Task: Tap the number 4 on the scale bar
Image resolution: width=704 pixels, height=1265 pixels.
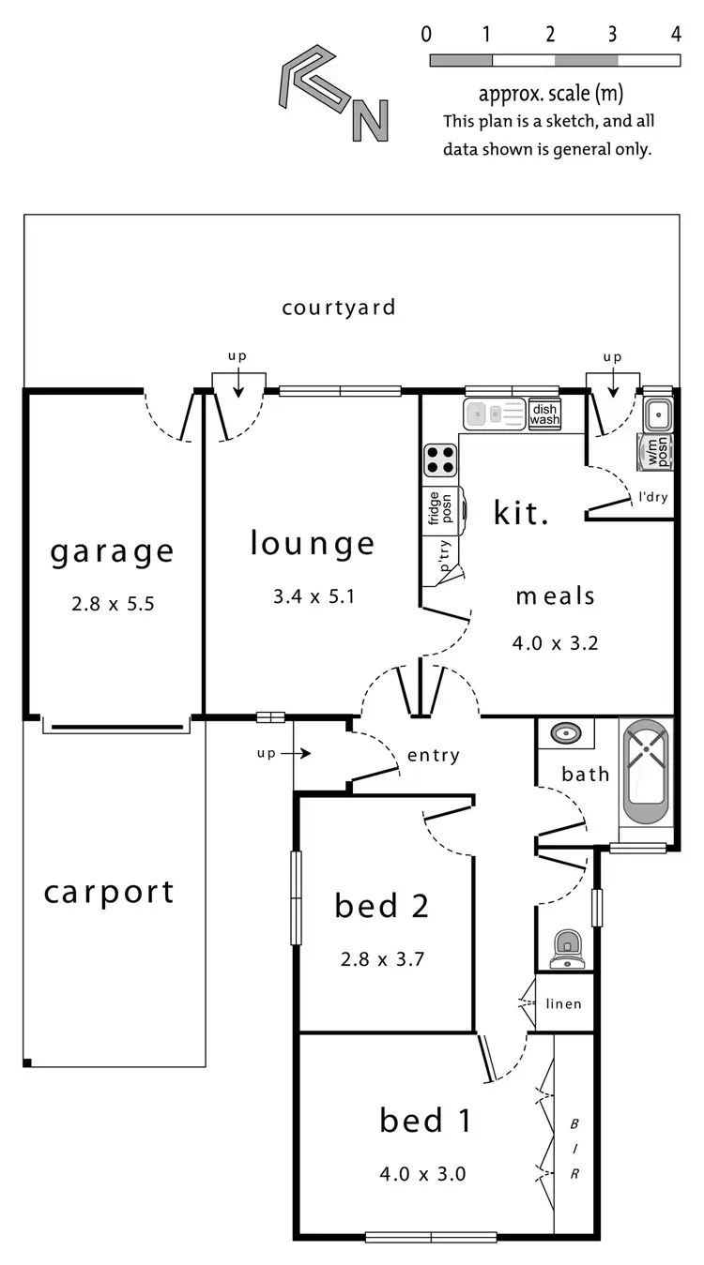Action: (676, 36)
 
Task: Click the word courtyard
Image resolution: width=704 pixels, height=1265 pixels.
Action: (339, 308)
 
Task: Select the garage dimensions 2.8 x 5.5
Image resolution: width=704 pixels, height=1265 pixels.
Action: (113, 604)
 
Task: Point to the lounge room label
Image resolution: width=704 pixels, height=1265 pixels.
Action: (313, 544)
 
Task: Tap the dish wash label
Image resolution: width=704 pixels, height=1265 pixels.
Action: (544, 414)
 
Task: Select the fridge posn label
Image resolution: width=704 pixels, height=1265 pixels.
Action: (435, 508)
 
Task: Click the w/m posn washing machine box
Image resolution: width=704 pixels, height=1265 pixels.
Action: (655, 452)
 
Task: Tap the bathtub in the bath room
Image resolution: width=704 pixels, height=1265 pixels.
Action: (646, 771)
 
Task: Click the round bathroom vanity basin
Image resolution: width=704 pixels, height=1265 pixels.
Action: (565, 732)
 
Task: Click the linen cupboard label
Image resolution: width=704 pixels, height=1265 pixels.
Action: (563, 1004)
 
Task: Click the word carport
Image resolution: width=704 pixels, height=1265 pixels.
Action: (109, 892)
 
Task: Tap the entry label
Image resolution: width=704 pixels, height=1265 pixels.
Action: (434, 756)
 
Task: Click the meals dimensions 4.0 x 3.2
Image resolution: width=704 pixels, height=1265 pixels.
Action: (555, 643)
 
